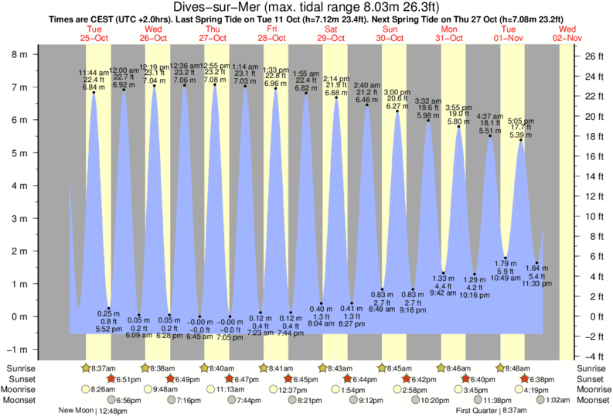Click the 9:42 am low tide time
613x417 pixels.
[443, 293]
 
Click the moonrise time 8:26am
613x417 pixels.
[103, 389]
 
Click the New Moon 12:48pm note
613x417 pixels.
[94, 411]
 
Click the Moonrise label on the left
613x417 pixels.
[20, 389]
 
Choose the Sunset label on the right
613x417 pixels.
[593, 379]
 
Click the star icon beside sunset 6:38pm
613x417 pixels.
[525, 379]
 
